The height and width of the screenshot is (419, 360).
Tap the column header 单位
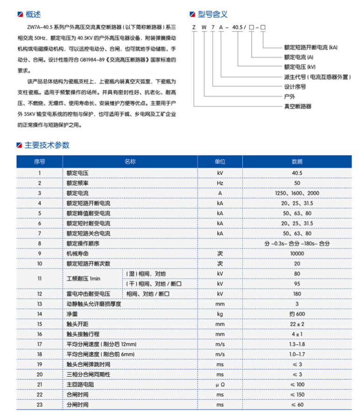click(x=220, y=162)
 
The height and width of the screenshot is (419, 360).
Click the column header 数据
click(x=297, y=162)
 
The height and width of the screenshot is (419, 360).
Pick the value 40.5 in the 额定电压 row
click(x=297, y=173)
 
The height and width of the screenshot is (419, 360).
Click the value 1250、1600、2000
click(x=297, y=193)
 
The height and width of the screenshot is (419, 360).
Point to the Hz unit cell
click(x=220, y=183)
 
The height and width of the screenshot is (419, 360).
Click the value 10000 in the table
click(x=297, y=254)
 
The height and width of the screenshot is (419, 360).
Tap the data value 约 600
click(x=297, y=314)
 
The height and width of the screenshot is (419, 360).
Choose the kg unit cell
click(x=220, y=314)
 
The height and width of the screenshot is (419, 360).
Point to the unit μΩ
click(x=220, y=384)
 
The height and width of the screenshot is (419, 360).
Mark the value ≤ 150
click(x=297, y=394)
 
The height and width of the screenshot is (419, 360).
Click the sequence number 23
click(x=40, y=405)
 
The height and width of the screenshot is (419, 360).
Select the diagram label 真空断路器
click(x=298, y=107)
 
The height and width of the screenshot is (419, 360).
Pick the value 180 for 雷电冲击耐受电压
click(x=297, y=294)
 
